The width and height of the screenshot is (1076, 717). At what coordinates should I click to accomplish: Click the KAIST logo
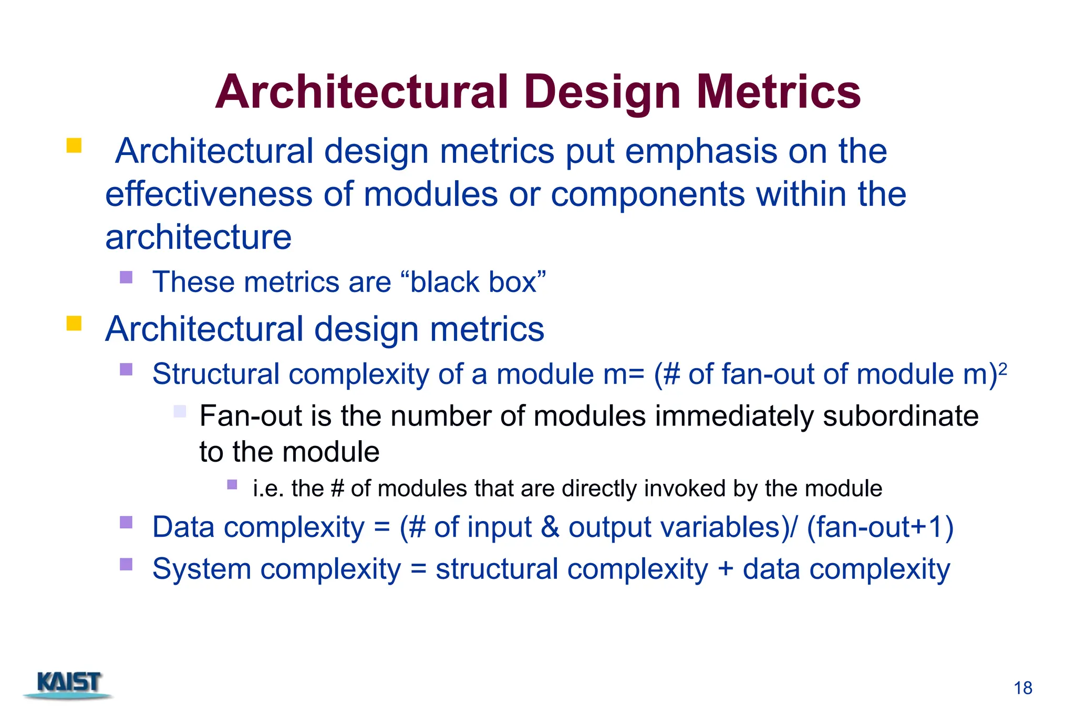tap(69, 684)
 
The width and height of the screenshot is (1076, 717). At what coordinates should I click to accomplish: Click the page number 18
tap(1022, 688)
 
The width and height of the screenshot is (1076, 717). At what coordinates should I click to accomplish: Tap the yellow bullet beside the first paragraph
tap(74, 146)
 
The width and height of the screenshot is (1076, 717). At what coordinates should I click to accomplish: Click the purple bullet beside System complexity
tap(126, 564)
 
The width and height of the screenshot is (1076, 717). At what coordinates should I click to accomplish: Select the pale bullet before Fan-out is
tap(180, 411)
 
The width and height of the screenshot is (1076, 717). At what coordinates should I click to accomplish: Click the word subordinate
tap(900, 417)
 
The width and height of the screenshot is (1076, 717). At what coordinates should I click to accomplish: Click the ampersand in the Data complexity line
tap(550, 527)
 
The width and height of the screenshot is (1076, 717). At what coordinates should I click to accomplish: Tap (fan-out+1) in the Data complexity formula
tap(880, 527)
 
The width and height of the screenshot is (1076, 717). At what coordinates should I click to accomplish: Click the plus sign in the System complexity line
tap(725, 569)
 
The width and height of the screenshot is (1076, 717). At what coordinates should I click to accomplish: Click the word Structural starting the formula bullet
tap(215, 375)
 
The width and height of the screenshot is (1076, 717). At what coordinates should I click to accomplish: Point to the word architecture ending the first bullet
tap(198, 237)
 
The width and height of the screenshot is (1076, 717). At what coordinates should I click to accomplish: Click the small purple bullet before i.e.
tap(232, 484)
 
